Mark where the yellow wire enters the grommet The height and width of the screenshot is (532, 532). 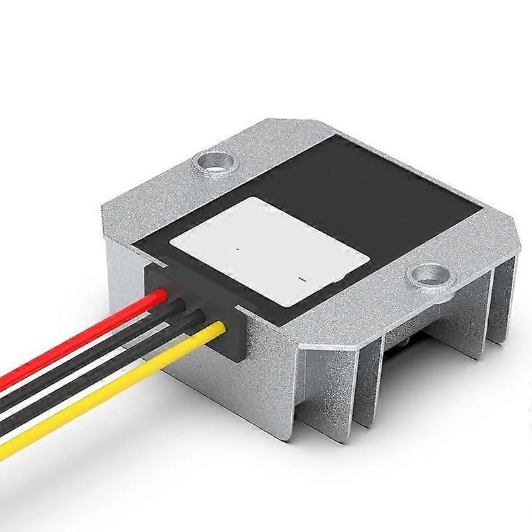[x=223, y=327]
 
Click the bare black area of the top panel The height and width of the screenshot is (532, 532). [x=372, y=186]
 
